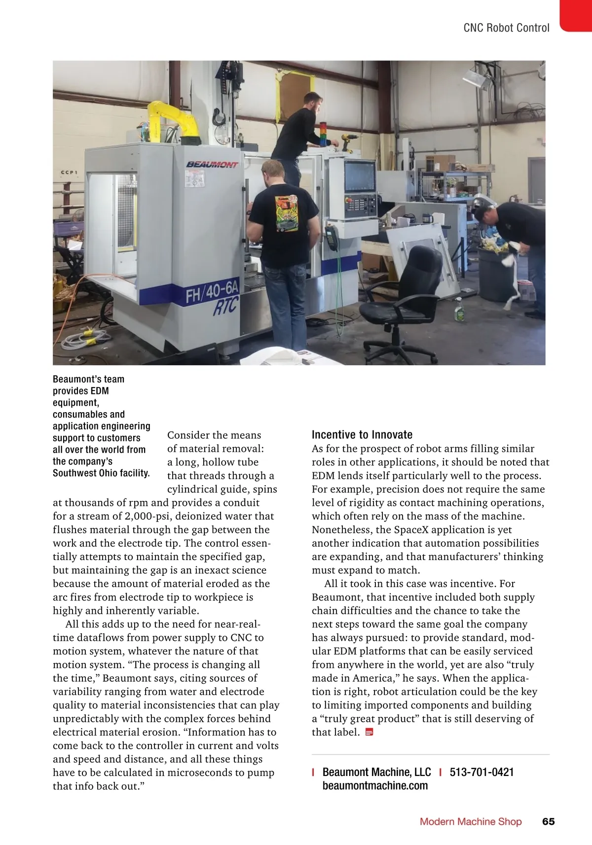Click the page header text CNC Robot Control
pyautogui.click(x=506, y=28)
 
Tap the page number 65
pyautogui.click(x=548, y=821)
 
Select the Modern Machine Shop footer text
pyautogui.click(x=470, y=821)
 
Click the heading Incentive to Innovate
pyautogui.click(x=362, y=434)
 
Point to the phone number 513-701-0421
pyautogui.click(x=481, y=772)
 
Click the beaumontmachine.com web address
pyautogui.click(x=375, y=786)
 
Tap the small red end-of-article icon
pyautogui.click(x=369, y=732)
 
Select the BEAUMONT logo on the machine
pyautogui.click(x=212, y=164)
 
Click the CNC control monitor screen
pyautogui.click(x=360, y=176)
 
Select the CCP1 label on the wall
pyautogui.click(x=69, y=173)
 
